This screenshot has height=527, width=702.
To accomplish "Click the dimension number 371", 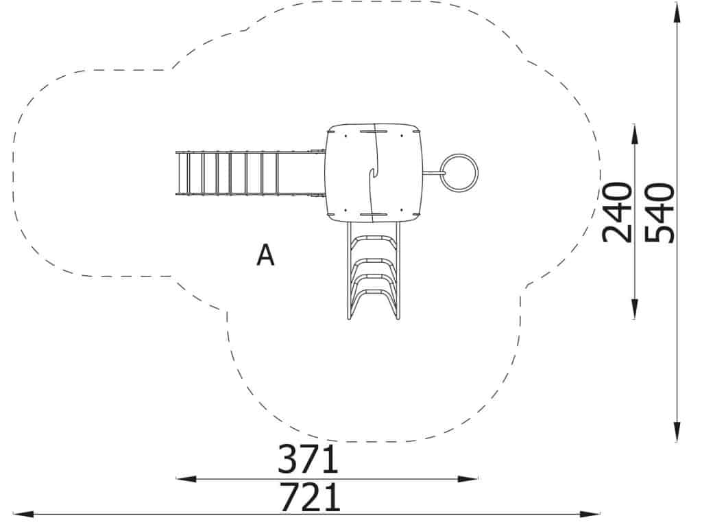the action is click(308, 459).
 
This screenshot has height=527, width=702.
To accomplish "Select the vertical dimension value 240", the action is click(618, 212).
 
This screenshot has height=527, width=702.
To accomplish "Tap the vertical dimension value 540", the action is click(659, 213).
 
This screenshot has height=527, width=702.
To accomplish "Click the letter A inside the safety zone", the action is click(265, 255).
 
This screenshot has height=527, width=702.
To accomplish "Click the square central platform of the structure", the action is click(374, 172).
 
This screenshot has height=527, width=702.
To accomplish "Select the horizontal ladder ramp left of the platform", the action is click(250, 174).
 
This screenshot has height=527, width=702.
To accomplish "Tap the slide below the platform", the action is click(374, 270).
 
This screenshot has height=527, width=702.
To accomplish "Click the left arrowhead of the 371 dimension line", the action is click(186, 479).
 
